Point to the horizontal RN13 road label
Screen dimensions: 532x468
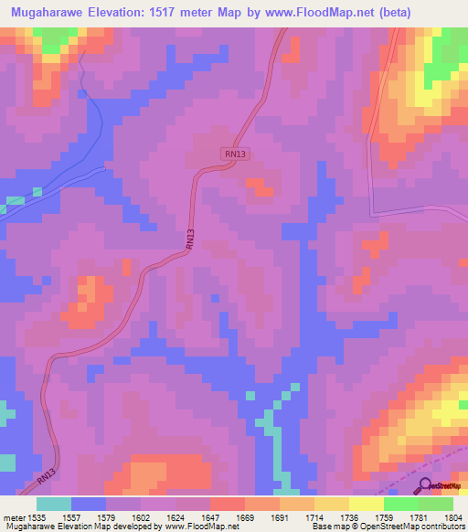coord(235,154)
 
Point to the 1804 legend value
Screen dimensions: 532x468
coord(453,517)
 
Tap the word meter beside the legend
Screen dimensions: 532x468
coord(13,517)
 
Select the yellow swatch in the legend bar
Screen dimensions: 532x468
coord(366,504)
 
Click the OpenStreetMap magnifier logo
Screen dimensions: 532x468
coord(425,487)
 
